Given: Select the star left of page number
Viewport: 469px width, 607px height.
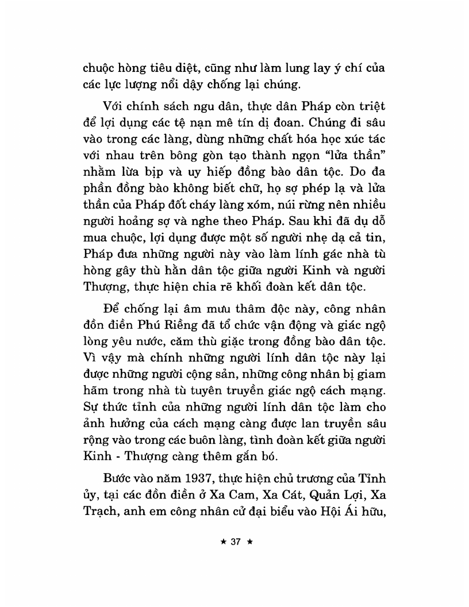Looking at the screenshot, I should (218, 541).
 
